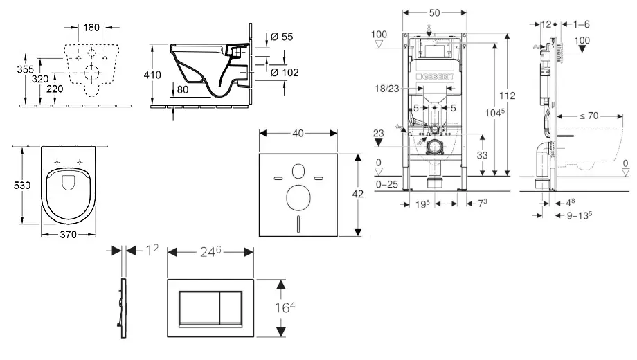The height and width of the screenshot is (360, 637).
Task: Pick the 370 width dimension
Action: click(67, 235)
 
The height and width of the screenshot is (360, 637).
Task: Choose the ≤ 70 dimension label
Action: click(587, 116)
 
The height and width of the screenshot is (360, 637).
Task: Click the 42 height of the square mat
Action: click(358, 195)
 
